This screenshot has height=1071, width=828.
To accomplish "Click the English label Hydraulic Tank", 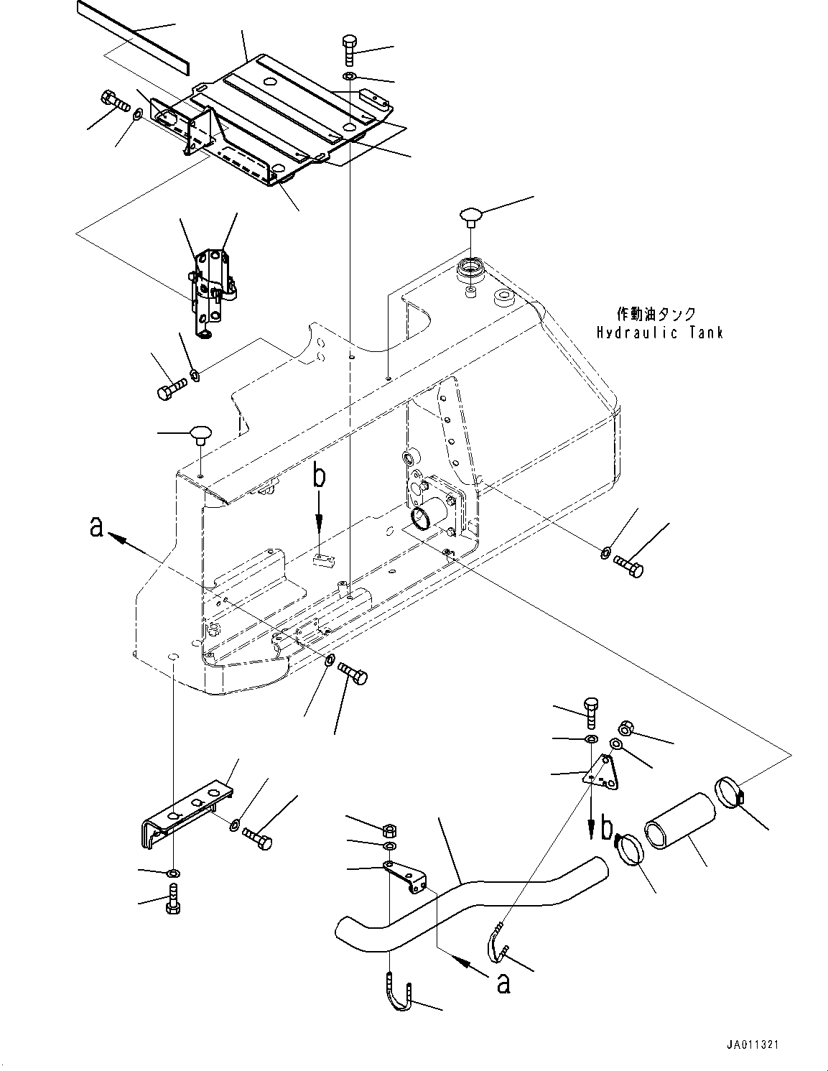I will tap(659, 333).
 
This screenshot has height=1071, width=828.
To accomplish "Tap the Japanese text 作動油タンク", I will tap(656, 314).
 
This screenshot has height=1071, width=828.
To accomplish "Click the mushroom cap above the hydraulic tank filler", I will tap(471, 214).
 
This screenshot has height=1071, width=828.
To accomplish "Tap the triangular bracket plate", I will tap(602, 774).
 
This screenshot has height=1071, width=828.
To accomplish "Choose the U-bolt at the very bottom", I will tap(396, 992).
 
